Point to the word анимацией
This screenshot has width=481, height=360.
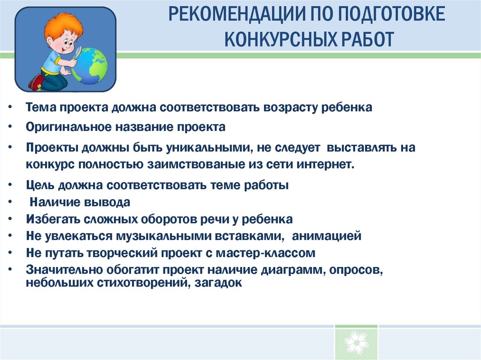click(326, 236)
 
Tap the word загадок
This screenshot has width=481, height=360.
click(218, 283)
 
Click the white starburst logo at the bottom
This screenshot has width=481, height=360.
click(356, 342)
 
